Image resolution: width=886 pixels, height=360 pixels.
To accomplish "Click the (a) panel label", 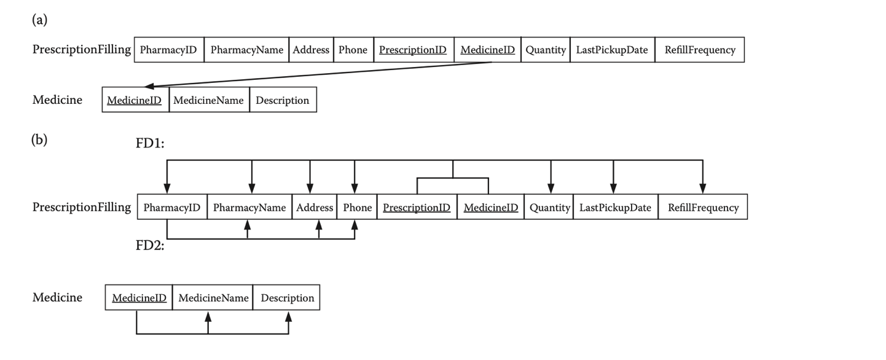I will pos(39,20).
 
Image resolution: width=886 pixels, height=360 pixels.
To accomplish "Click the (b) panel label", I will pos(39,139).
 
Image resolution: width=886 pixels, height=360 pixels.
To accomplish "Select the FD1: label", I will pos(150,143).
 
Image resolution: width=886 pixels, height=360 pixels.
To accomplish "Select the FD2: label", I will pos(150,247).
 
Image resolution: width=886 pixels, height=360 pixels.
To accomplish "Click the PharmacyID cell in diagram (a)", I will pos(168,50).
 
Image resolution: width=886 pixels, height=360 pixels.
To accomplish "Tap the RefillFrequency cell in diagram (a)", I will pos(700,50).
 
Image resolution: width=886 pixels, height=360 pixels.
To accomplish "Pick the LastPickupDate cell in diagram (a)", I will pos(612,50).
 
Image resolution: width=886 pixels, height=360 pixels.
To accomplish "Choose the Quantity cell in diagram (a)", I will pos(546,50).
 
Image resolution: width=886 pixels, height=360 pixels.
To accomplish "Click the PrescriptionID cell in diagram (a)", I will pos(413,50).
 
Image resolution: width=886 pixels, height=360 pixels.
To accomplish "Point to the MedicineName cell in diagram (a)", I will pos(209,100).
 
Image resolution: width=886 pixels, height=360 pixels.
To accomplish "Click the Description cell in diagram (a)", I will pos(283,100).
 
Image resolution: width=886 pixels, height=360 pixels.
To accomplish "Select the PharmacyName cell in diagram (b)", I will pos(249,208).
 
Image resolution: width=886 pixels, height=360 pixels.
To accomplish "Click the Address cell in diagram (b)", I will pos(315,208).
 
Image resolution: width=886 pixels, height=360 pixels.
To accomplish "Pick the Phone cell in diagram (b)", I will pos(358,208).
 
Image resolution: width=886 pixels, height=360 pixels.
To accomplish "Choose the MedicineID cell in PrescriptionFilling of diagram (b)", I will pos(490,208).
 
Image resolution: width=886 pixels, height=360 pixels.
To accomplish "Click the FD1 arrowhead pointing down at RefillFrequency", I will pos(703,189).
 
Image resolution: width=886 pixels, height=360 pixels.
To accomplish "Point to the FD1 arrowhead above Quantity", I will pos(551,189).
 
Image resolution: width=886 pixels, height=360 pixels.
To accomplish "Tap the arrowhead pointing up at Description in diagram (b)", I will pos(289,318).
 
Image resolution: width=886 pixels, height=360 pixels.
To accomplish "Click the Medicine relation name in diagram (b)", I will pos(57,297).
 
